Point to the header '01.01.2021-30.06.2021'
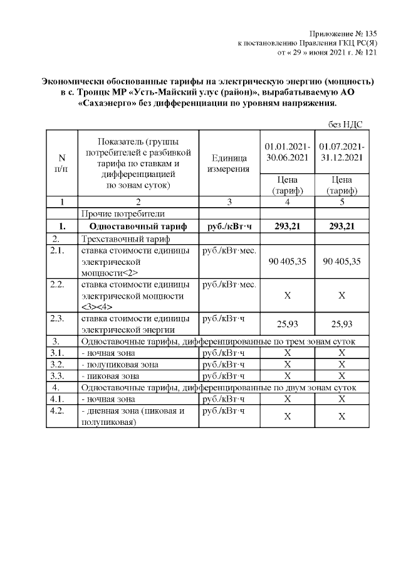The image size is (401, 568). tap(285, 152)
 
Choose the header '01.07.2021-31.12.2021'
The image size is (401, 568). tap(341, 152)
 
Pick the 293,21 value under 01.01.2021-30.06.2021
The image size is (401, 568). tap(285, 227)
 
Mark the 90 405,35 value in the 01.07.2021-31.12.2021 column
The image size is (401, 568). tap(341, 261)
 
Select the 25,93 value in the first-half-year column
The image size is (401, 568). tap(285, 324)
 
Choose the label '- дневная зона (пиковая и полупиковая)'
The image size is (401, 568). tap(131, 416)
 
